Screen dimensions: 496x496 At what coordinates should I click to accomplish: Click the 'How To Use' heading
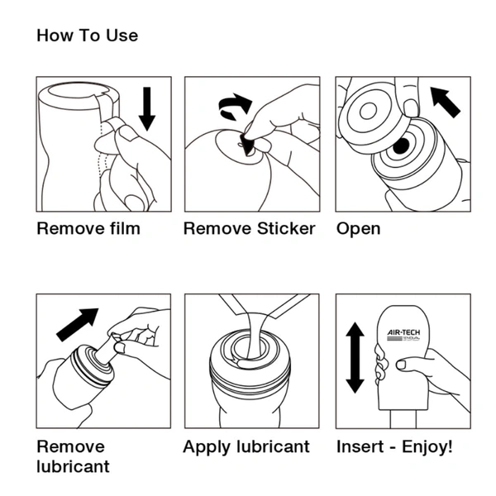pyautogui.click(x=88, y=35)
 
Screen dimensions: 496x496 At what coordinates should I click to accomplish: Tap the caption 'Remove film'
pyautogui.click(x=88, y=228)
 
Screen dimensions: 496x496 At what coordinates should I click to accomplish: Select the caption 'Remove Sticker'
pyautogui.click(x=250, y=228)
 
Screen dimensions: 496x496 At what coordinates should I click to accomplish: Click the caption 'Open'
pyautogui.click(x=358, y=229)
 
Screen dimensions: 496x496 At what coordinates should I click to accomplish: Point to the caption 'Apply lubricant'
pyautogui.click(x=246, y=447)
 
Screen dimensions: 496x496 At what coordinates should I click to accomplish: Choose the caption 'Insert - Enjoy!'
pyautogui.click(x=394, y=447)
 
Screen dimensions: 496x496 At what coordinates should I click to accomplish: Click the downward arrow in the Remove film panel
pyautogui.click(x=147, y=109)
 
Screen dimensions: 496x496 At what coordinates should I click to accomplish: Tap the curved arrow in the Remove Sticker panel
pyautogui.click(x=235, y=105)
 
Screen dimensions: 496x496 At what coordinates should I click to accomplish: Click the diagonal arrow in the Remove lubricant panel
pyautogui.click(x=77, y=325)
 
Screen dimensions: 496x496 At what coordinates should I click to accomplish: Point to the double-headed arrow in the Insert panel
pyautogui.click(x=355, y=358)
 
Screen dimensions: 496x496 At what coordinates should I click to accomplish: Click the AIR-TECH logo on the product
pyautogui.click(x=404, y=335)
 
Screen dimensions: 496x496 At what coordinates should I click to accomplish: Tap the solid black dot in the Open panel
pyautogui.click(x=401, y=145)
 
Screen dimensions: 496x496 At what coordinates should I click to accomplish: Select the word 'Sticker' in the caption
pyautogui.click(x=286, y=228)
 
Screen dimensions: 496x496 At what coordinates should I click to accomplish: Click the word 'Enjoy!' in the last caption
pyautogui.click(x=427, y=447)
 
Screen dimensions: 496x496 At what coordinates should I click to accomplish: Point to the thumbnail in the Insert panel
pyautogui.click(x=402, y=365)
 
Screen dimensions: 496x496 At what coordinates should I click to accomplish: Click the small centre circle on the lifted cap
pyautogui.click(x=368, y=112)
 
